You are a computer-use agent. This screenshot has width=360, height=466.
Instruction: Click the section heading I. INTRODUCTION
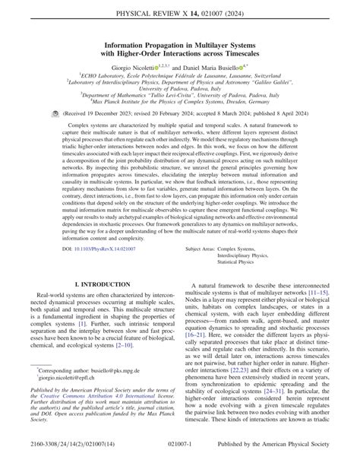94,283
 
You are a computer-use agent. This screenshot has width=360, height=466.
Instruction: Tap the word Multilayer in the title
223,44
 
